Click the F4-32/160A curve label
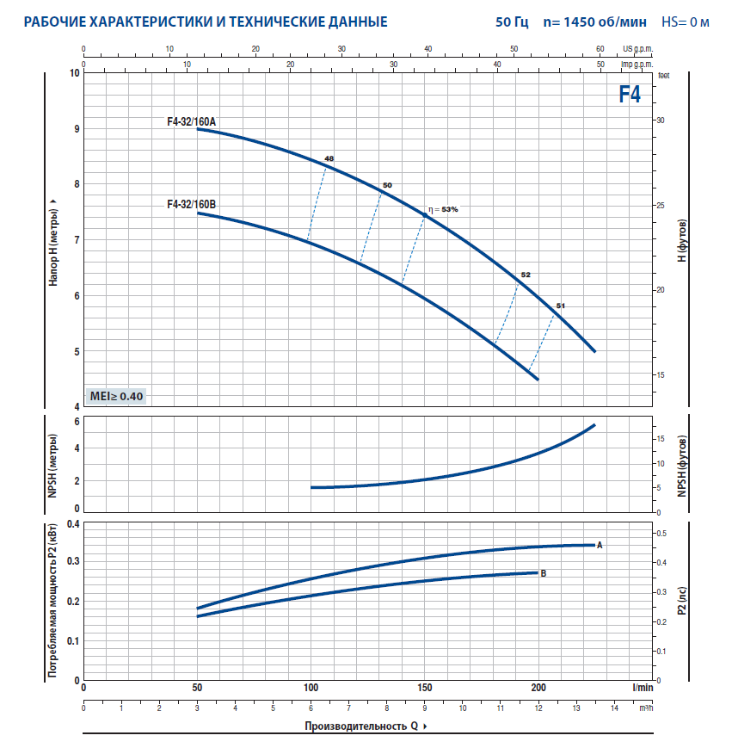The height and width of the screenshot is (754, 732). coord(191,122)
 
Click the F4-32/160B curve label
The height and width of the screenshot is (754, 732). coord(191,205)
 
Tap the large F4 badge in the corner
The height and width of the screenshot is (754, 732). coord(630,95)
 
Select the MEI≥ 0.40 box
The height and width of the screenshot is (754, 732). coord(118,396)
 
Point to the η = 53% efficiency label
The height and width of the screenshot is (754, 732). coord(444,209)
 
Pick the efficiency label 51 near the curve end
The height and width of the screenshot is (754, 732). coord(561,306)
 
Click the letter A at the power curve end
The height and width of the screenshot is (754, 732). coord(600,545)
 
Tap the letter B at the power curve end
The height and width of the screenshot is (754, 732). coord(543,572)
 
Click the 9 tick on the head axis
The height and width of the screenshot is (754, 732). coord(75,129)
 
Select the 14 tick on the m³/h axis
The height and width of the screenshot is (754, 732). coord(615,708)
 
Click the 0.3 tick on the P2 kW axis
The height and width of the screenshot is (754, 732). coord(73,561)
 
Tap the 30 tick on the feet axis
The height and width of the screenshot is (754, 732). coord(661,121)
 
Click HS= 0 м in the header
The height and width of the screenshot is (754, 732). coord(685,21)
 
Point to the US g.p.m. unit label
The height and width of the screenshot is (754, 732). coord(637,50)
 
